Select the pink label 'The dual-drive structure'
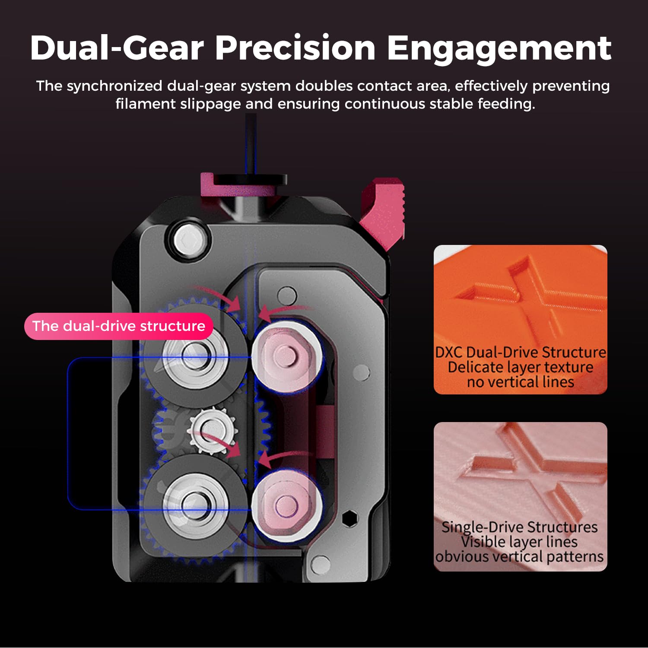(x=119, y=326)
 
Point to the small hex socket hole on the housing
(x=349, y=518)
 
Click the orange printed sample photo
(x=521, y=320)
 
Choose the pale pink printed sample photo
(x=521, y=497)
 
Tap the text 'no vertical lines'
(x=521, y=382)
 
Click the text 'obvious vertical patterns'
(x=519, y=556)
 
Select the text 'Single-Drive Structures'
(x=520, y=527)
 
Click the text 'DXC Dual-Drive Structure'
(x=521, y=353)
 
